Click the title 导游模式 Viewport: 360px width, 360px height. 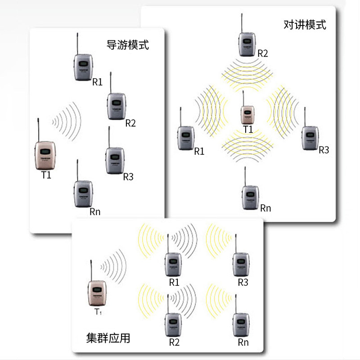click(127, 45)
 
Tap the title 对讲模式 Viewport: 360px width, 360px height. click(305, 24)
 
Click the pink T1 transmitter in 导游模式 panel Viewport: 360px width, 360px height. click(45, 155)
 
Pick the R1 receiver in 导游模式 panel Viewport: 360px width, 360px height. click(82, 67)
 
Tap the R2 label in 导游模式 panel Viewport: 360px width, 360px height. click(130, 123)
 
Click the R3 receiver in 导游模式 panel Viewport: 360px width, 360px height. click(114, 160)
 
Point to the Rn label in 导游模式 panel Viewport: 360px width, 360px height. click(95, 211)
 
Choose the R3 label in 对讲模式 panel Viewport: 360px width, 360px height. click(324, 150)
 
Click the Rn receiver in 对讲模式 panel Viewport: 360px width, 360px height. click(250, 197)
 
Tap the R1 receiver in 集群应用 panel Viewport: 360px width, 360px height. click(173, 265)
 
